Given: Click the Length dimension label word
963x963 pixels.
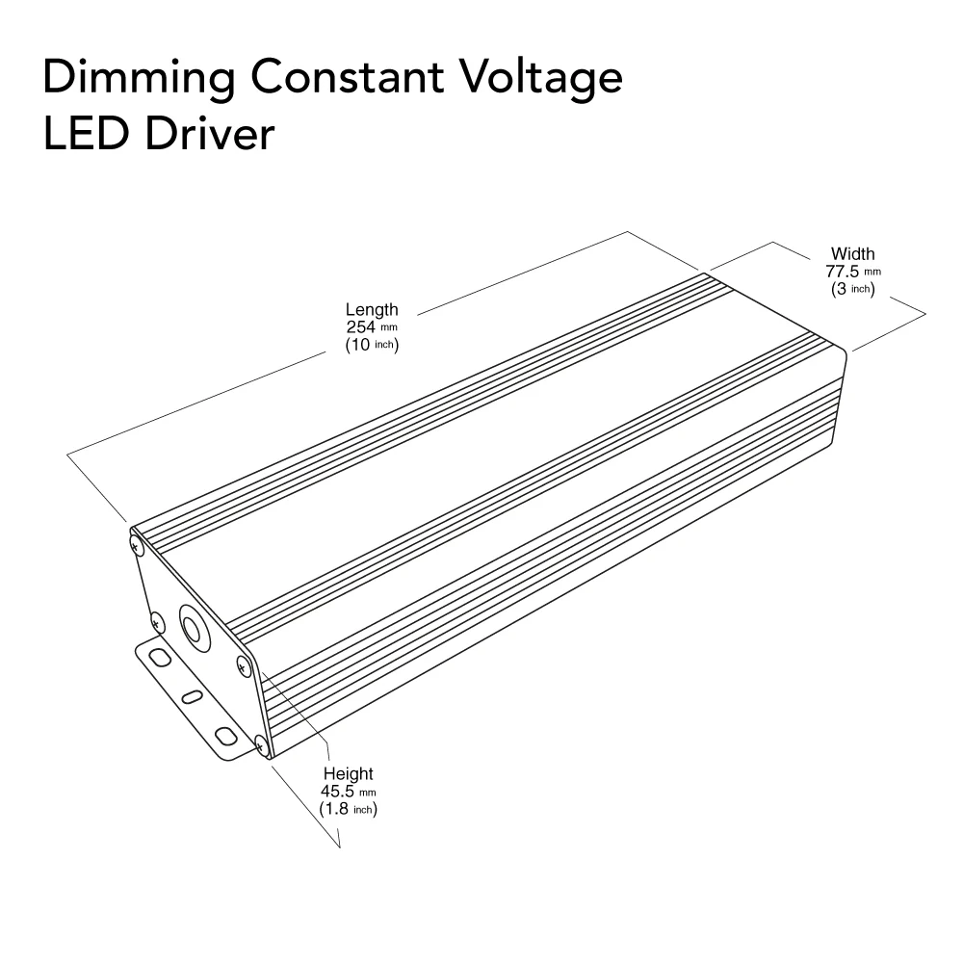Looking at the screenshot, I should pos(372,310).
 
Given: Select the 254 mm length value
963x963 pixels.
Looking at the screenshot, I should pos(372,327).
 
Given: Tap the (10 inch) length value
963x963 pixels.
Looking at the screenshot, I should pos(372,345).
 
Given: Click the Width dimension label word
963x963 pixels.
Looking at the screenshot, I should pos(853,254).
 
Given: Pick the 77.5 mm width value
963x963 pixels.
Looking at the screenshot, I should pos(853,272).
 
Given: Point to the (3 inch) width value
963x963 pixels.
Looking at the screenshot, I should pos(853,289).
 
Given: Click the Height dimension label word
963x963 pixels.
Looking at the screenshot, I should pos(348,774).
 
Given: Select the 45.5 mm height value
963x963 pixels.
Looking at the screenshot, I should pos(348,792).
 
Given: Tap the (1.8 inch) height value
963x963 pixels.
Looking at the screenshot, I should pos(348,809).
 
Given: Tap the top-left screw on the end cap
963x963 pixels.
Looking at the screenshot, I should pos(136,545).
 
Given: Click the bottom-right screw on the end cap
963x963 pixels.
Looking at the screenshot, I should pos(260,743).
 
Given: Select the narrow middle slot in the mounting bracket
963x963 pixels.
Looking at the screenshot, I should pos(192,695).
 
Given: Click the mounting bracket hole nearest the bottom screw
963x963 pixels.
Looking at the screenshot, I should pos(225,736).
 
